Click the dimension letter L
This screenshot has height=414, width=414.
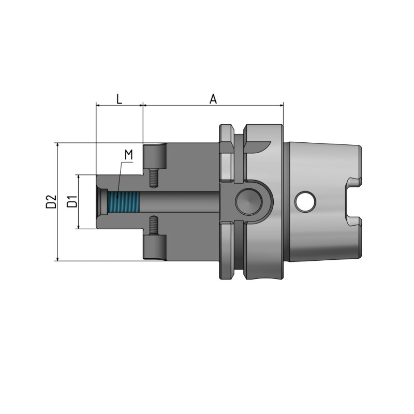(119, 98)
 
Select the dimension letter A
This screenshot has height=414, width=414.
(213, 98)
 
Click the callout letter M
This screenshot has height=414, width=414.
(129, 155)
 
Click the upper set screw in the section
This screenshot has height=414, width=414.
(153, 178)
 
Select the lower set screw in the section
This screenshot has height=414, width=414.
(153, 226)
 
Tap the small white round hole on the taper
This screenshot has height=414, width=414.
(304, 201)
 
